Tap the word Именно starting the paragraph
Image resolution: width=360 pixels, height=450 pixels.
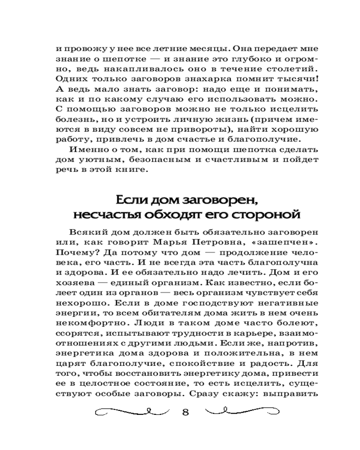[x=90, y=149]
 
